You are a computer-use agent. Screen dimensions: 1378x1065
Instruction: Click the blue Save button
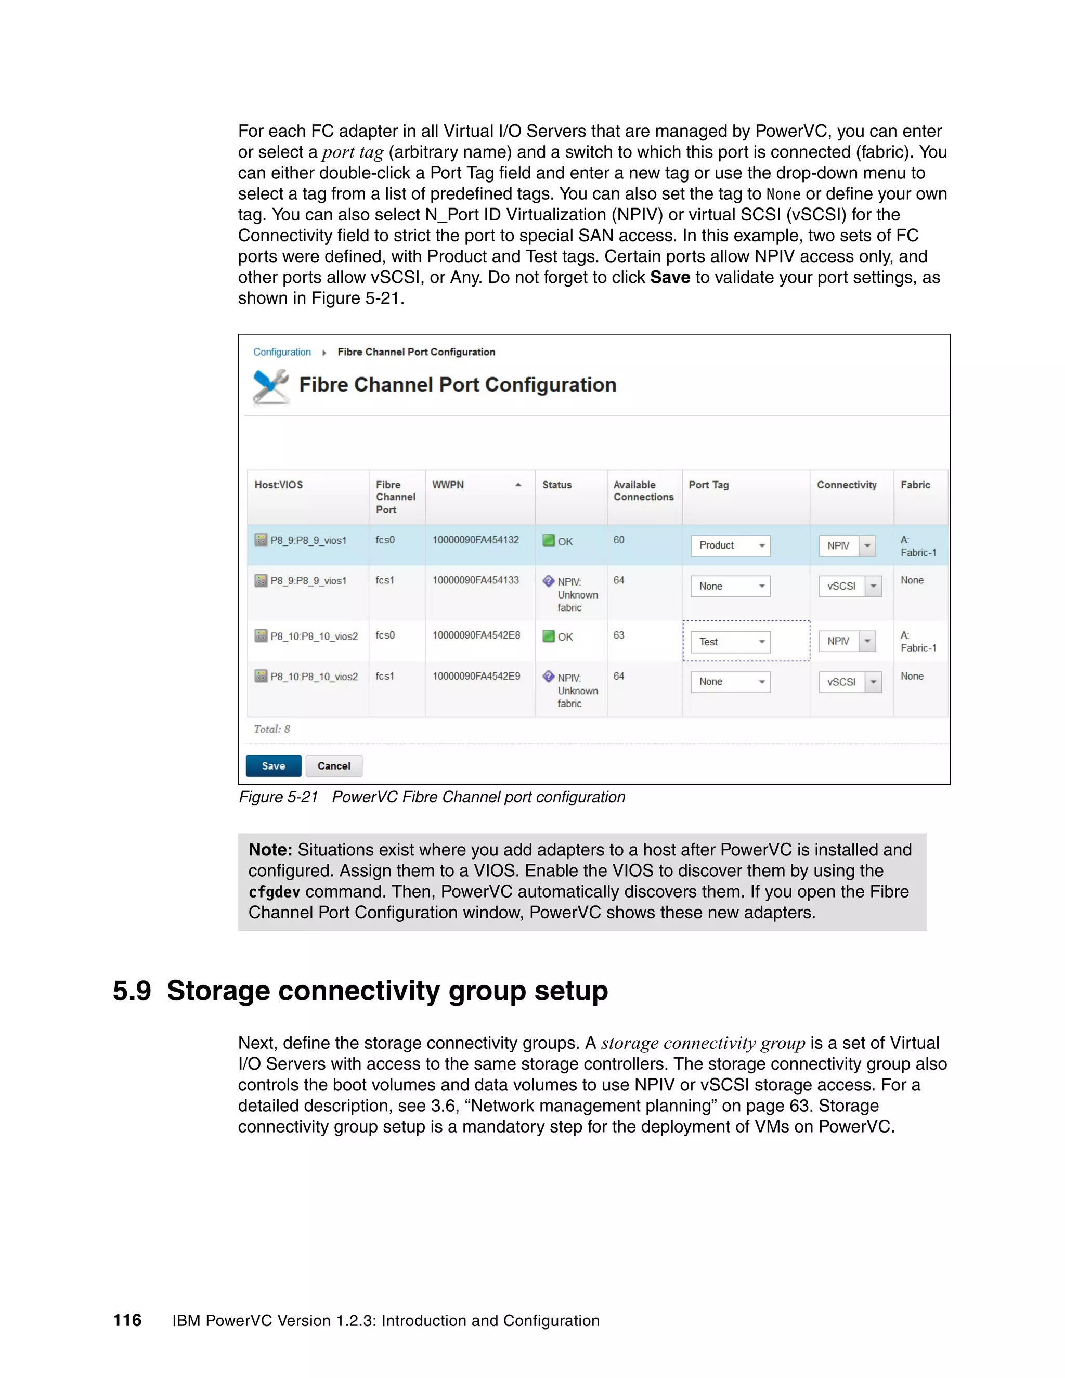pos(273,765)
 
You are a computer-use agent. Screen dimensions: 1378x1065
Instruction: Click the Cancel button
pos(334,765)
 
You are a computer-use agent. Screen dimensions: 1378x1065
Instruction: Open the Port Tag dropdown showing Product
pos(730,546)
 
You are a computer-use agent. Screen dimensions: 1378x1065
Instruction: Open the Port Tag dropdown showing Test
pos(730,642)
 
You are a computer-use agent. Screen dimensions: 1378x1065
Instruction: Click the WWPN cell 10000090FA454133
pos(475,580)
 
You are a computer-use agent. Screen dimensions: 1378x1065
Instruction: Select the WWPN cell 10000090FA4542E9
pos(476,676)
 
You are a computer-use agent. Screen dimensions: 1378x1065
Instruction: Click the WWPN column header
pos(448,485)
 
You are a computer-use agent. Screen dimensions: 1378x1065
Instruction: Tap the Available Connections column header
pos(643,491)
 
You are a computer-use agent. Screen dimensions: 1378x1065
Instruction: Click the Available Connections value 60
pos(618,540)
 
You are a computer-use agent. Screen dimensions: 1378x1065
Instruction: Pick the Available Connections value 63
pos(618,635)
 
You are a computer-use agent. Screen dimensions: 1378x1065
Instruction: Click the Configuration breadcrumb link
pos(281,352)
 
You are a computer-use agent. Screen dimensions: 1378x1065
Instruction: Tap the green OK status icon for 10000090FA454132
pos(548,541)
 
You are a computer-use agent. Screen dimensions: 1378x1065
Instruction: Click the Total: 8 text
pos(271,729)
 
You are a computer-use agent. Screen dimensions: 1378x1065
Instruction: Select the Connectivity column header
pos(846,485)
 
